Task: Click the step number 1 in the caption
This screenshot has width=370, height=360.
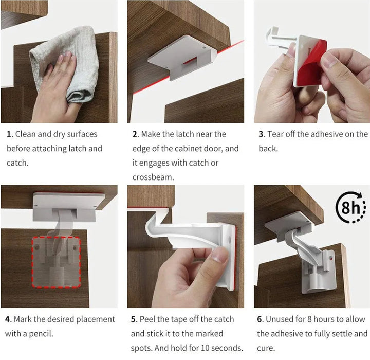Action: [x=9, y=134]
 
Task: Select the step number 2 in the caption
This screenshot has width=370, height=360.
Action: [x=135, y=134]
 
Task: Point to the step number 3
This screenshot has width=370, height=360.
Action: [x=261, y=134]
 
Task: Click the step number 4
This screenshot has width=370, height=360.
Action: [x=8, y=319]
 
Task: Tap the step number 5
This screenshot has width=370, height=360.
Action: [x=134, y=319]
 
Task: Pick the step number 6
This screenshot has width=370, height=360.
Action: [x=260, y=319]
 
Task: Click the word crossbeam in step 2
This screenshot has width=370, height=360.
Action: [x=153, y=177]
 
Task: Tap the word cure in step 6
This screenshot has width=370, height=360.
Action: [x=266, y=348]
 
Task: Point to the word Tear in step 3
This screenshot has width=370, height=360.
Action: [x=275, y=134]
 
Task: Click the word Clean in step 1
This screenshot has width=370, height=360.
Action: [x=26, y=134]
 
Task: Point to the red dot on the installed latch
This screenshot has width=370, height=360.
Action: [x=330, y=258]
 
